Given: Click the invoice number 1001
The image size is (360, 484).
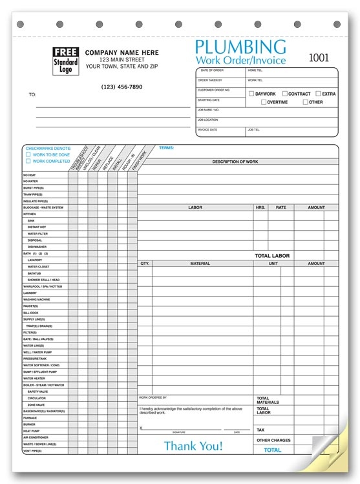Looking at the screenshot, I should point(319,58).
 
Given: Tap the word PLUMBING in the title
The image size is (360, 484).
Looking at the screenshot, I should point(240,47).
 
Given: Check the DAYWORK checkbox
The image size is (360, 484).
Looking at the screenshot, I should point(251,94).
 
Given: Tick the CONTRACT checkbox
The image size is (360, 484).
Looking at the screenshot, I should point(284,94).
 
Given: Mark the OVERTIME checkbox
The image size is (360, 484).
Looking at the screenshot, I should point(263,102).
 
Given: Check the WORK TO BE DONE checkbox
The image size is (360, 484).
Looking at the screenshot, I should point(28,154).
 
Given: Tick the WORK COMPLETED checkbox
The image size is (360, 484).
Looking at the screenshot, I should point(28,161).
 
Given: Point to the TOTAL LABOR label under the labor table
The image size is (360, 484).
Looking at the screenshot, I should point(272,256).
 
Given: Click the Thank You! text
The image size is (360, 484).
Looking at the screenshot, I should point(193,446).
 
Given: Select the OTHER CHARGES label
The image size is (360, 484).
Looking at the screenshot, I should point(273,441).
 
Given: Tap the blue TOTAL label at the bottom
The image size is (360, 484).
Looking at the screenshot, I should point(272,450).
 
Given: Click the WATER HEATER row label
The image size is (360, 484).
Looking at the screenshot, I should point(35,379).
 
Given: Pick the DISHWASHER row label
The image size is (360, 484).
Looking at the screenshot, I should point(37,247).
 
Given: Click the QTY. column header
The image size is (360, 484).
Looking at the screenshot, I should point(145,264).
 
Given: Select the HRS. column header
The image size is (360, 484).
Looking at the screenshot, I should point(260,208).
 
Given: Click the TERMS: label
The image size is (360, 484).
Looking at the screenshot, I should point(166,148).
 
